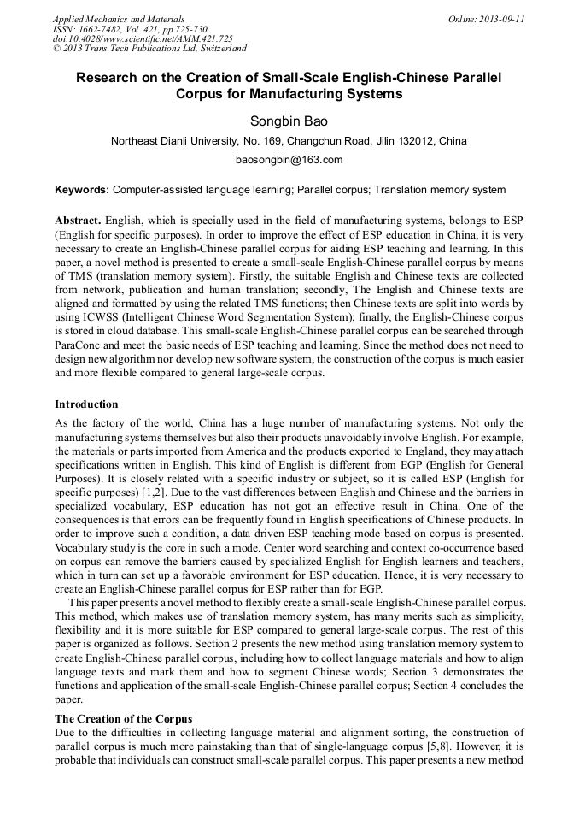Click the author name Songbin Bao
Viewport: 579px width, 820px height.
pyautogui.click(x=289, y=121)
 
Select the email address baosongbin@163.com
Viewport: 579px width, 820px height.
pyautogui.click(x=289, y=160)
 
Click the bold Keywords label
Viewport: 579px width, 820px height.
pyautogui.click(x=82, y=190)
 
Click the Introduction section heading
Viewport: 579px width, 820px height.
pyautogui.click(x=86, y=404)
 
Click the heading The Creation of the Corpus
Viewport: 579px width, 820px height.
pyautogui.click(x=123, y=718)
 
